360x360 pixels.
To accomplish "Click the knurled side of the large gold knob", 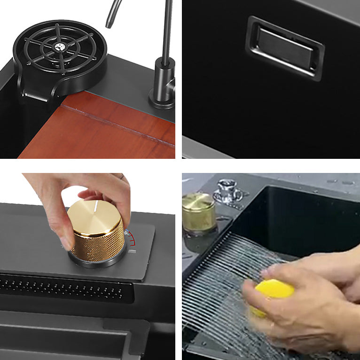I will tap(96, 244).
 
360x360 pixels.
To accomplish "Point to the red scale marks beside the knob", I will tap(133, 238).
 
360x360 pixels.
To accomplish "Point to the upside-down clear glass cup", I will tap(229, 190).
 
